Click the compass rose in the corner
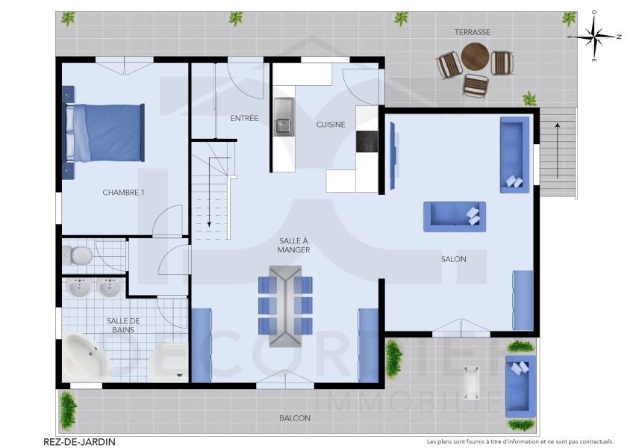594,35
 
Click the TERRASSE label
473,32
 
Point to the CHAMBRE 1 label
123,193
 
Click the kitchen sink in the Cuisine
284,116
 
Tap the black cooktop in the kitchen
367,141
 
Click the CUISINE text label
330,125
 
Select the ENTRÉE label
244,118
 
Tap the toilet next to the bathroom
78,256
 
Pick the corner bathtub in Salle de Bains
87,358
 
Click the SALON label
453,259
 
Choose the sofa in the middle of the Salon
454,217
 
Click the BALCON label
295,418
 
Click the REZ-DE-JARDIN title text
79,441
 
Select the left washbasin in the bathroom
78,287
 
